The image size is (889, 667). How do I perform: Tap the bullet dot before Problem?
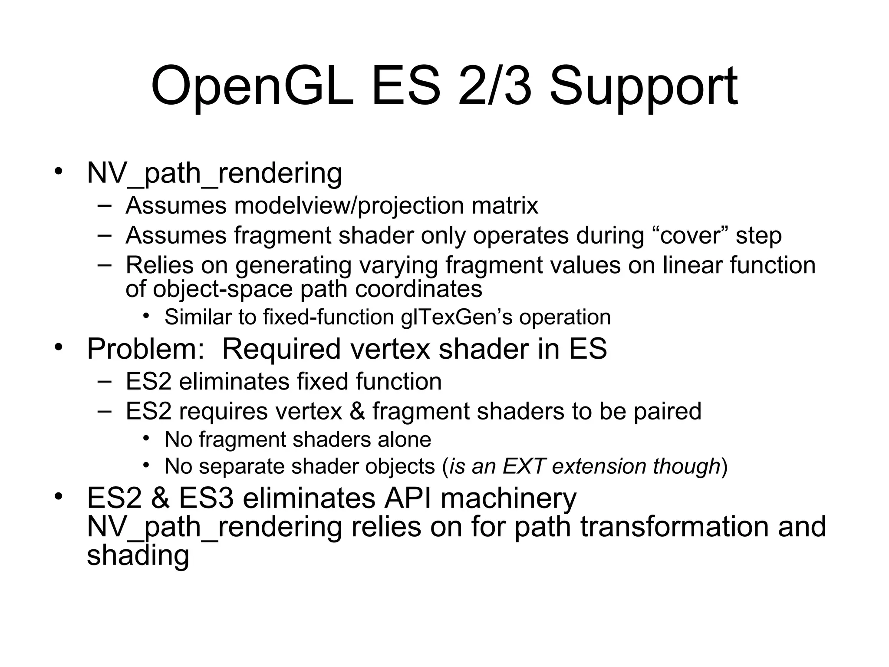click(x=59, y=347)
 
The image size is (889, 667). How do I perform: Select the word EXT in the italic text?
click(x=523, y=466)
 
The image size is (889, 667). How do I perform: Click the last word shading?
click(x=138, y=555)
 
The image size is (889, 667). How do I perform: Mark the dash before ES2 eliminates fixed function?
click(x=104, y=381)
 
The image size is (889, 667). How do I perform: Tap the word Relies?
click(x=159, y=265)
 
